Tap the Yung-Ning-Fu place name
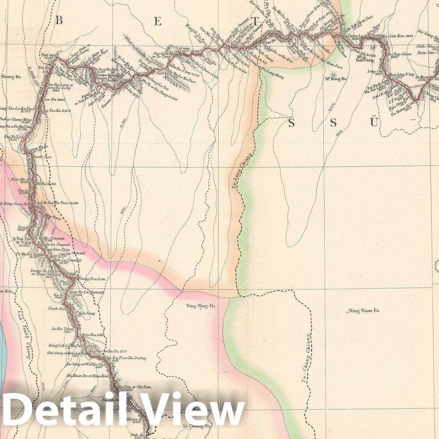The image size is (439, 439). coord(200,306)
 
